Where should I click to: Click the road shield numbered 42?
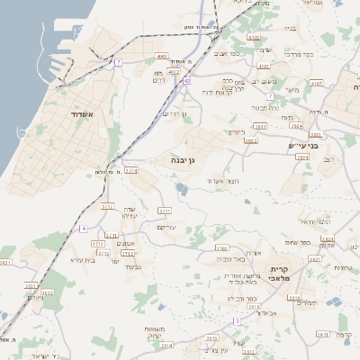[187, 80]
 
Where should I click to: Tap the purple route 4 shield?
[83, 229]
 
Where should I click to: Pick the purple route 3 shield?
[237, 320]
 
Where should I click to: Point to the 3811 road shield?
[260, 127]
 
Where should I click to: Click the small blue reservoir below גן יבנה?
[182, 189]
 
